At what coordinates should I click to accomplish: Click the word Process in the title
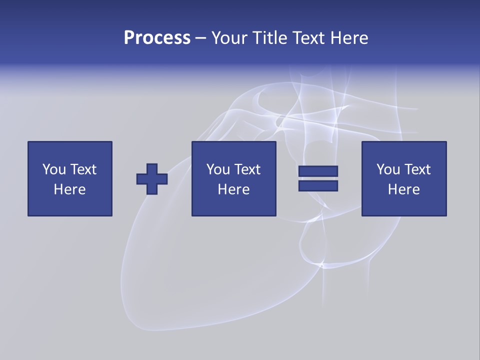[x=157, y=38]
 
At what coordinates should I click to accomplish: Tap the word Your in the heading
[x=229, y=38]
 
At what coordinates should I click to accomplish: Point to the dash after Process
[x=201, y=38]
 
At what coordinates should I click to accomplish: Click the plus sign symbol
[x=152, y=178]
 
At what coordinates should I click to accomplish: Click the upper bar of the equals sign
[x=318, y=171]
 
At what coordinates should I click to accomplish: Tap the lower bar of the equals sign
[x=318, y=186]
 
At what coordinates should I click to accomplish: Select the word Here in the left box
[x=69, y=189]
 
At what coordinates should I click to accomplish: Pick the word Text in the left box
[x=83, y=169]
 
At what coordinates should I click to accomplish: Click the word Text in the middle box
[x=247, y=169]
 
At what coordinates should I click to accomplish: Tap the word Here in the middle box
[x=233, y=189]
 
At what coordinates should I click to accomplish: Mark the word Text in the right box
[x=417, y=169]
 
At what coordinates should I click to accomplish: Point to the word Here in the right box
[x=403, y=189]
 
